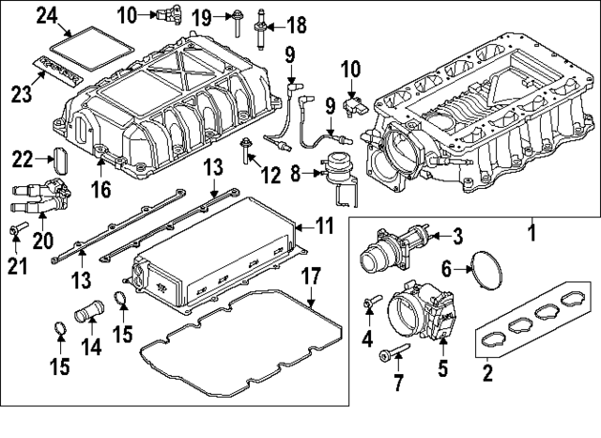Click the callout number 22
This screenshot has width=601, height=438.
[23, 159]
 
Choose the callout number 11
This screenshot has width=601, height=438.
[324, 227]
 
